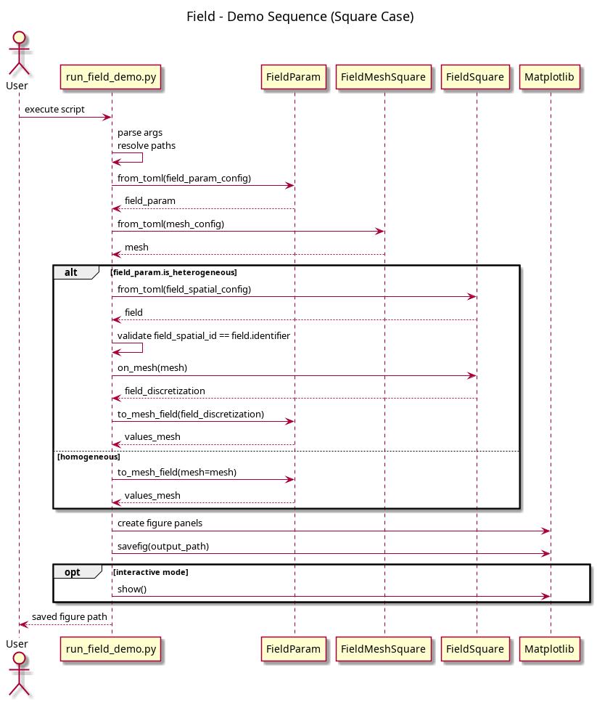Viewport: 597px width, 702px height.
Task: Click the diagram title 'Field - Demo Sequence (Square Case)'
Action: point(300,17)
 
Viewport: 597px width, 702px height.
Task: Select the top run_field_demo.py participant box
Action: point(111,77)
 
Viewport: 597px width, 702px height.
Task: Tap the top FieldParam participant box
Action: point(293,77)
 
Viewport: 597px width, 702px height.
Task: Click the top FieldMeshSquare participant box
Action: point(383,77)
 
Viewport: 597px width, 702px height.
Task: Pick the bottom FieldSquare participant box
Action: point(475,649)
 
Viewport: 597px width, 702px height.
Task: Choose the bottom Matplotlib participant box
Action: point(549,649)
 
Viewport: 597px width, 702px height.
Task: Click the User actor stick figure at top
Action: point(19,53)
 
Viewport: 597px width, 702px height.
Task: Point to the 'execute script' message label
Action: point(54,110)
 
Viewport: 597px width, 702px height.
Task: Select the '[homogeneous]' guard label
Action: point(89,457)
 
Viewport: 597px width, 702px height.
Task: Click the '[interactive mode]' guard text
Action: point(151,572)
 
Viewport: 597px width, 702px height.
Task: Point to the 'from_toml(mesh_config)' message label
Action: point(170,224)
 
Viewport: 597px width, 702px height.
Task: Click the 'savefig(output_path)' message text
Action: point(163,546)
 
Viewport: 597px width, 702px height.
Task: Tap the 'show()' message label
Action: point(132,589)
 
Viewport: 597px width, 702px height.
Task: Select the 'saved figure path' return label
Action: point(70,617)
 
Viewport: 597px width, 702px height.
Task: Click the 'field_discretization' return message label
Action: point(165,391)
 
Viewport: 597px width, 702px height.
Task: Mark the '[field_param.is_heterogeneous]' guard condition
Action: point(173,272)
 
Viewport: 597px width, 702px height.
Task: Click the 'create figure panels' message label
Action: point(160,523)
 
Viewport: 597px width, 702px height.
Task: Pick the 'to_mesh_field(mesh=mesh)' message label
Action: point(177,473)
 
